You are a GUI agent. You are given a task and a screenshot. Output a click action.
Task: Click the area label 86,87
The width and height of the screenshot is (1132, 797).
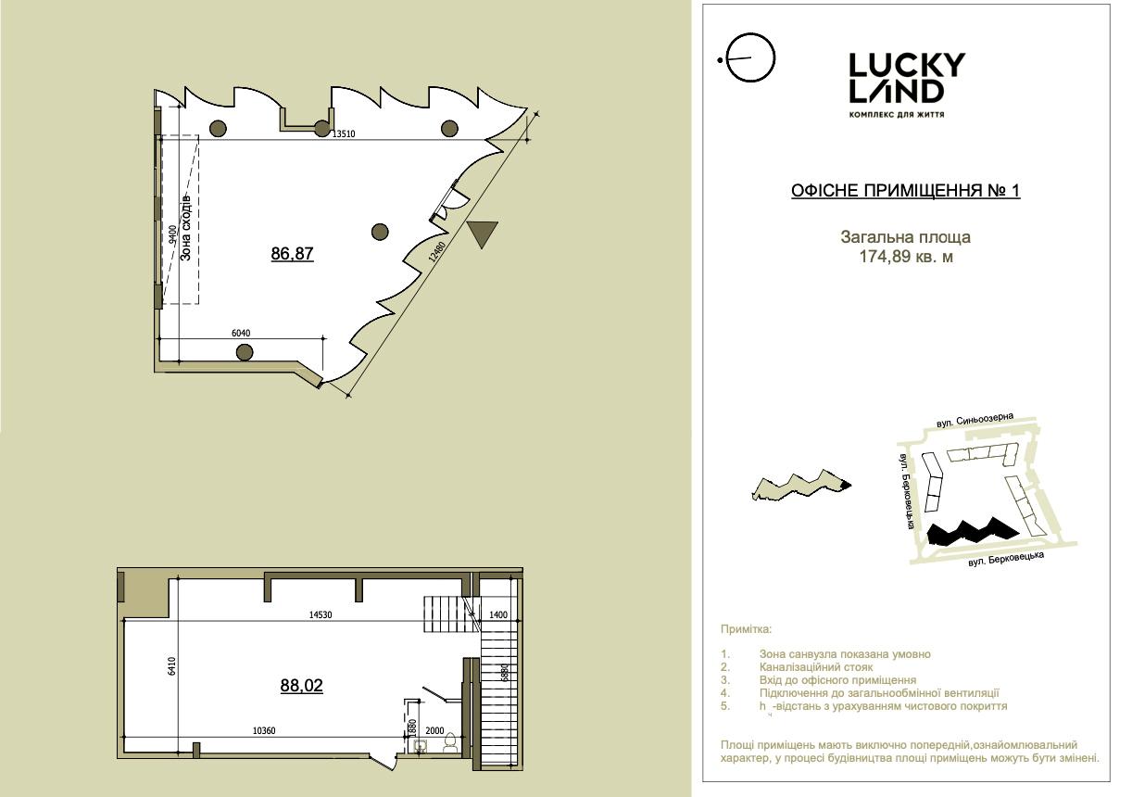tap(292, 253)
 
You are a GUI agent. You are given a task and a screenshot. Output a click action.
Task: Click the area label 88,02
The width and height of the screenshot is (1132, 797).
tap(301, 685)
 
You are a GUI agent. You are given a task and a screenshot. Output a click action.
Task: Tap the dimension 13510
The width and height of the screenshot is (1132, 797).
tap(344, 134)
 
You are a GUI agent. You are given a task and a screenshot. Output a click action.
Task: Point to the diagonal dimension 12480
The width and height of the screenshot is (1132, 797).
tap(436, 252)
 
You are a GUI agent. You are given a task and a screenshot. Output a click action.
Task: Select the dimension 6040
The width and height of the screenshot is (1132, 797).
tap(241, 334)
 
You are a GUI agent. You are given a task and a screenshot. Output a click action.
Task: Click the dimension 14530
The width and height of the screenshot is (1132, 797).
tap(321, 615)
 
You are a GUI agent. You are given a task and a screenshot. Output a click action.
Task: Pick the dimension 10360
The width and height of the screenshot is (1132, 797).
tap(264, 731)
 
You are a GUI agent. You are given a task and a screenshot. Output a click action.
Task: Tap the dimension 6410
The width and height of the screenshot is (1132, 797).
tap(171, 666)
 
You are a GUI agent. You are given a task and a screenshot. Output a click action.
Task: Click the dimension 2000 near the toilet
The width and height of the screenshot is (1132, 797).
tap(434, 730)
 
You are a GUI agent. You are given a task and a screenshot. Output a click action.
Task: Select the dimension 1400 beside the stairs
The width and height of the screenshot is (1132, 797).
tap(497, 615)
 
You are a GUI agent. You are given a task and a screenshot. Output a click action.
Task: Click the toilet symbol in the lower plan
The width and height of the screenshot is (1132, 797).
tap(450, 743)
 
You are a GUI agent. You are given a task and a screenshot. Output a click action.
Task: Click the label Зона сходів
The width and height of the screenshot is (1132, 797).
tap(185, 228)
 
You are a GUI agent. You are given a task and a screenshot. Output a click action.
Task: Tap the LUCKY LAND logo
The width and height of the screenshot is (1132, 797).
tap(907, 85)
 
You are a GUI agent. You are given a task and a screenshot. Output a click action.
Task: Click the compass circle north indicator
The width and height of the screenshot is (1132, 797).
tap(750, 57)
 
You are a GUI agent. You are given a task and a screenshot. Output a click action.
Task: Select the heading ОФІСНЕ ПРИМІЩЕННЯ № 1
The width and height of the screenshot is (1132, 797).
tap(906, 190)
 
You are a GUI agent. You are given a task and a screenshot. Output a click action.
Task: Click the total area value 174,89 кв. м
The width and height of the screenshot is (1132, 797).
tap(906, 257)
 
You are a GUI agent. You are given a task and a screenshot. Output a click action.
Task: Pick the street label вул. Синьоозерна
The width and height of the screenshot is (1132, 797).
tap(975, 420)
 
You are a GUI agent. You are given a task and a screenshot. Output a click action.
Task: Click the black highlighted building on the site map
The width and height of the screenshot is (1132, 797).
tap(973, 532)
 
